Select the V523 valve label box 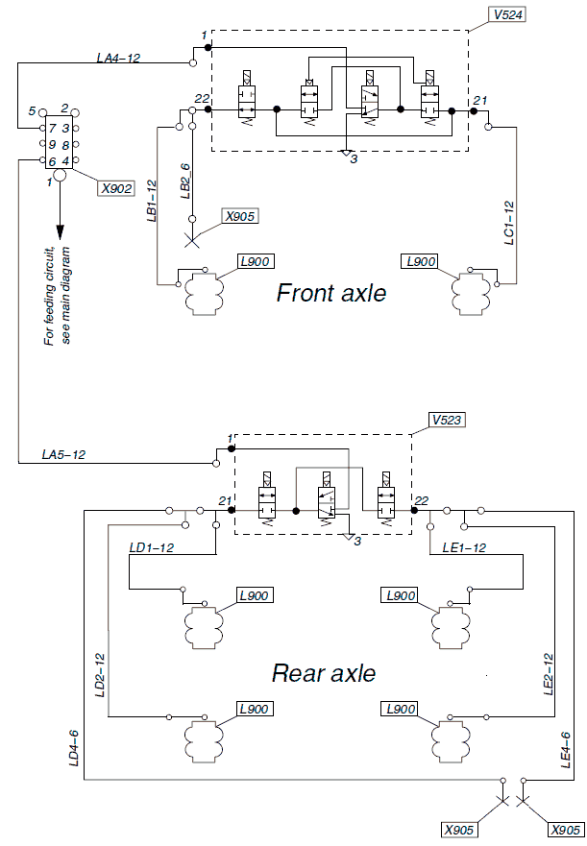pyautogui.click(x=448, y=420)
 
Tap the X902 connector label pyautogui.click(x=116, y=188)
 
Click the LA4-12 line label pyautogui.click(x=118, y=59)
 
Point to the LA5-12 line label pyautogui.click(x=62, y=453)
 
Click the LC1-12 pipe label pyautogui.click(x=509, y=224)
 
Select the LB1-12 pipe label pyautogui.click(x=151, y=199)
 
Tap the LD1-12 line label pyautogui.click(x=151, y=547)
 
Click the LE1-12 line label pyautogui.click(x=464, y=547)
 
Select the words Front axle pyautogui.click(x=331, y=293)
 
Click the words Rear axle pyautogui.click(x=324, y=673)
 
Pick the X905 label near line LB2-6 pyautogui.click(x=240, y=215)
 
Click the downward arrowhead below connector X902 pyautogui.click(x=60, y=232)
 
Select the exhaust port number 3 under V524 pyautogui.click(x=354, y=158)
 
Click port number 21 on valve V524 pyautogui.click(x=480, y=101)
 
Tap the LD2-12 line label pyautogui.click(x=99, y=676)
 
